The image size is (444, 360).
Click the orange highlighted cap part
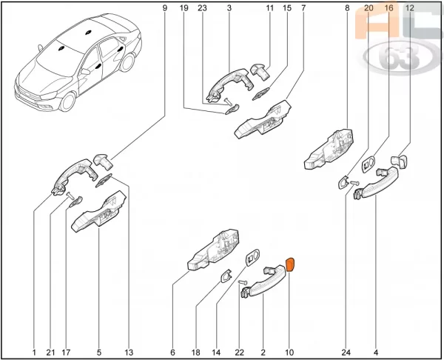click(291, 264)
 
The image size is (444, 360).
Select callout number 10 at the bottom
click(289, 353)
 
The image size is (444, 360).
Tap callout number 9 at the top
click(165, 8)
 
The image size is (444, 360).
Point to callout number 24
click(346, 353)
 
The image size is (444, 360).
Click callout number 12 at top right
click(409, 8)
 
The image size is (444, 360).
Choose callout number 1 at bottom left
click(34, 353)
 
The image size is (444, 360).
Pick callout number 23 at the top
click(202, 8)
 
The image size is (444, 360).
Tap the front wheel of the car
click(67, 101)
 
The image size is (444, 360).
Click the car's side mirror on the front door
click(85, 71)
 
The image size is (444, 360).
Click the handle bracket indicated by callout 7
click(263, 119)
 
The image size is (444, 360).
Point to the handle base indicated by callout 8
click(329, 150)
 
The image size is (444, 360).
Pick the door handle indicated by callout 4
click(377, 184)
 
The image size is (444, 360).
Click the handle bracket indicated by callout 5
click(99, 211)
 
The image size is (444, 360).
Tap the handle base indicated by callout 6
click(213, 250)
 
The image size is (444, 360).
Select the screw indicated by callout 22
click(243, 282)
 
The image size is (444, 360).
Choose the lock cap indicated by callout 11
click(260, 72)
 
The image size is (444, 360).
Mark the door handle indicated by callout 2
click(263, 281)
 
